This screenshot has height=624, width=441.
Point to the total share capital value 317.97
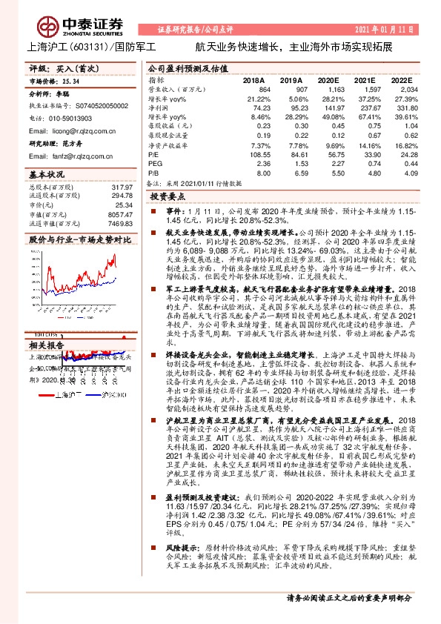tap(122, 187)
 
